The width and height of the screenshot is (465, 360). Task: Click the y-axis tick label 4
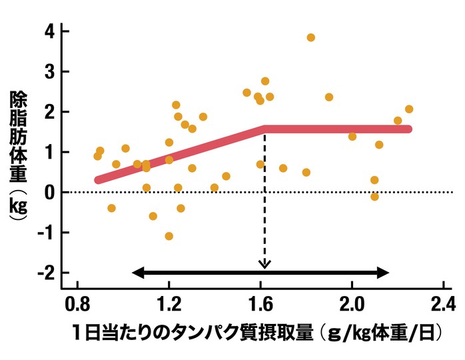[48, 31]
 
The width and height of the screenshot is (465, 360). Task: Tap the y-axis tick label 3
[48, 71]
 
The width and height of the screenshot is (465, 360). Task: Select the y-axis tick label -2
[45, 273]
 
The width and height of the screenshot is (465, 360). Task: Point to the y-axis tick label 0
[48, 192]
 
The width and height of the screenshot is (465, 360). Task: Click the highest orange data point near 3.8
[310, 37]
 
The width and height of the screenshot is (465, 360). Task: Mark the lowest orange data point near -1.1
[169, 236]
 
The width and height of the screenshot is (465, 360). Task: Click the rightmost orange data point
[409, 109]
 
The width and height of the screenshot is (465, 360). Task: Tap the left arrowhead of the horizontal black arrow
[135, 272]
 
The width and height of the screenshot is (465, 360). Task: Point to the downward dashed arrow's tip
[265, 267]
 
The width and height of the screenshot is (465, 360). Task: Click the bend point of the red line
[265, 129]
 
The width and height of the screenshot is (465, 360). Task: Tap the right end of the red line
[408, 129]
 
